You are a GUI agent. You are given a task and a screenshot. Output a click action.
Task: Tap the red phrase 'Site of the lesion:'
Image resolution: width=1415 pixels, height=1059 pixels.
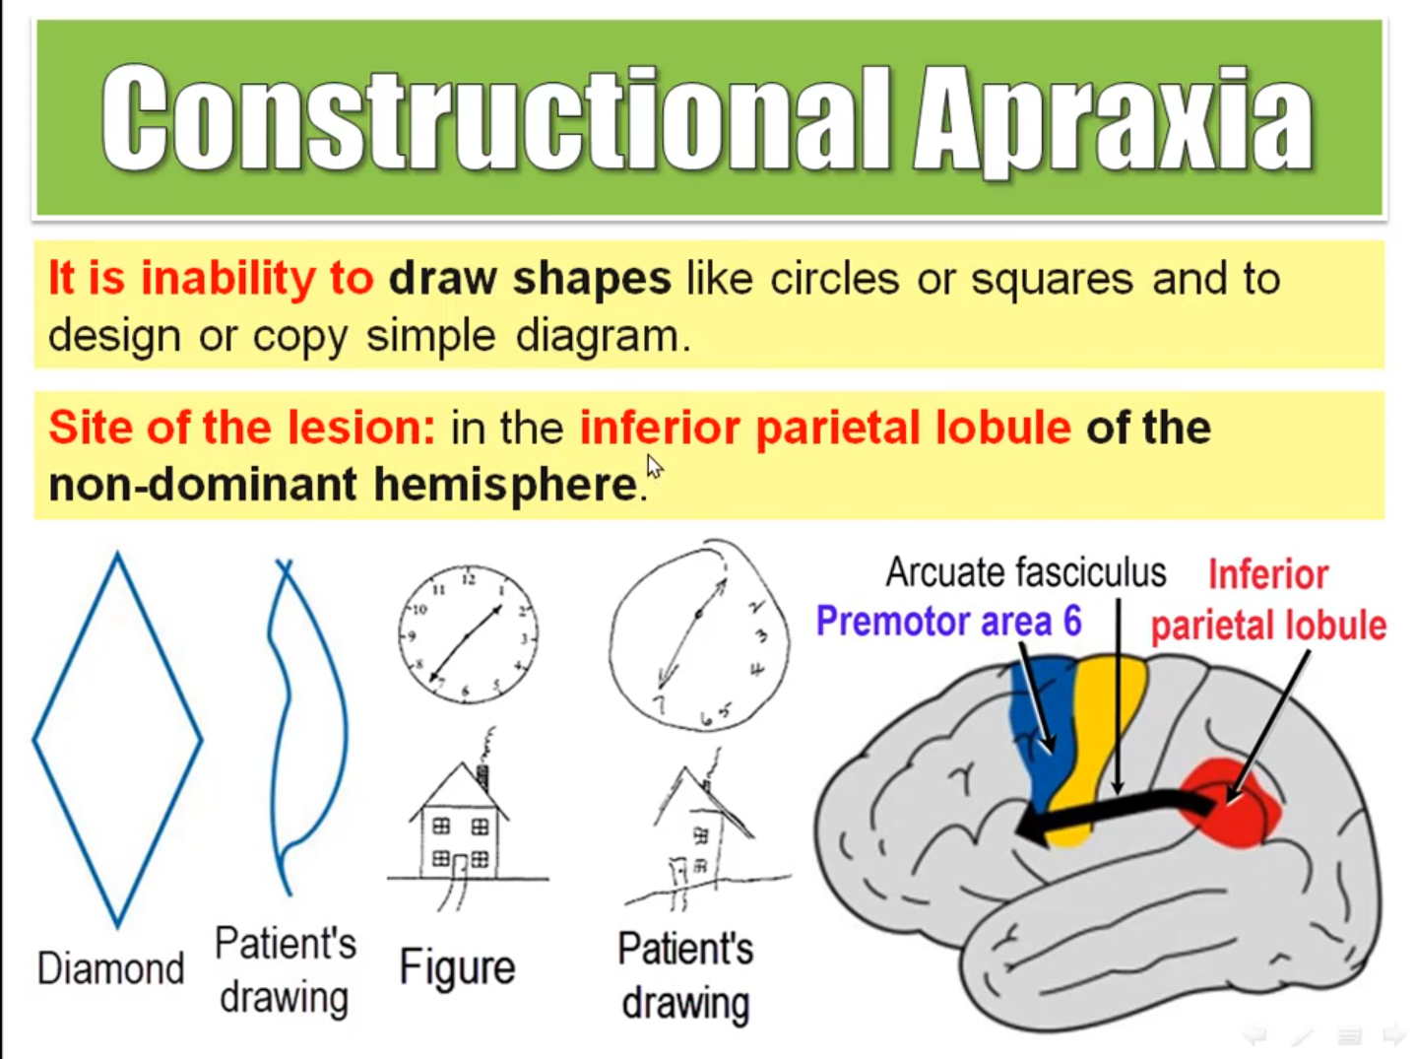pyautogui.click(x=242, y=428)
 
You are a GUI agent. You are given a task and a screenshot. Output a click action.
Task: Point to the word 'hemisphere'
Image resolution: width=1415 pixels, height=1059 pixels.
pyautogui.click(x=506, y=485)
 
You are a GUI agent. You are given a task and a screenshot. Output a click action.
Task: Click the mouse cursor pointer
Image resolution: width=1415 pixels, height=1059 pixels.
pyautogui.click(x=655, y=467)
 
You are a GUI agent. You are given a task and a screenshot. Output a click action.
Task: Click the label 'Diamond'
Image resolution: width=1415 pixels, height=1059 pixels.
pyautogui.click(x=111, y=968)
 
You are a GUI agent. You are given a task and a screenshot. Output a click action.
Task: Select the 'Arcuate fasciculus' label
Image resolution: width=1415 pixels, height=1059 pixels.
pyautogui.click(x=1026, y=572)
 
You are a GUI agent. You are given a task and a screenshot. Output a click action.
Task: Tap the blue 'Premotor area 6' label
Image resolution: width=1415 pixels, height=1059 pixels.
pyautogui.click(x=949, y=621)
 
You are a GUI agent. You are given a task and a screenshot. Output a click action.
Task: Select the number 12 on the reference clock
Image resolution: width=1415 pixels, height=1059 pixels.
pyautogui.click(x=469, y=579)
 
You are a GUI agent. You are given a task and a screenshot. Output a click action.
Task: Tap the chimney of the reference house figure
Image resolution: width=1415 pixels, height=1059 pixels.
pyautogui.click(x=482, y=777)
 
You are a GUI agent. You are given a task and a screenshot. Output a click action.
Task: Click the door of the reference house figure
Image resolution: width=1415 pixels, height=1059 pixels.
pyautogui.click(x=460, y=866)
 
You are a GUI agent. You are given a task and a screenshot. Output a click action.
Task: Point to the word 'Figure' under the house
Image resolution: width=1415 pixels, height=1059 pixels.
pyautogui.click(x=457, y=966)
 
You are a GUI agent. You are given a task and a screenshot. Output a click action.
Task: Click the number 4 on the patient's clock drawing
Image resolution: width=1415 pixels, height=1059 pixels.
pyautogui.click(x=757, y=669)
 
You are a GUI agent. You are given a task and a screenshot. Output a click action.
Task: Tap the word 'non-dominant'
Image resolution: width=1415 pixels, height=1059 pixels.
pyautogui.click(x=203, y=484)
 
